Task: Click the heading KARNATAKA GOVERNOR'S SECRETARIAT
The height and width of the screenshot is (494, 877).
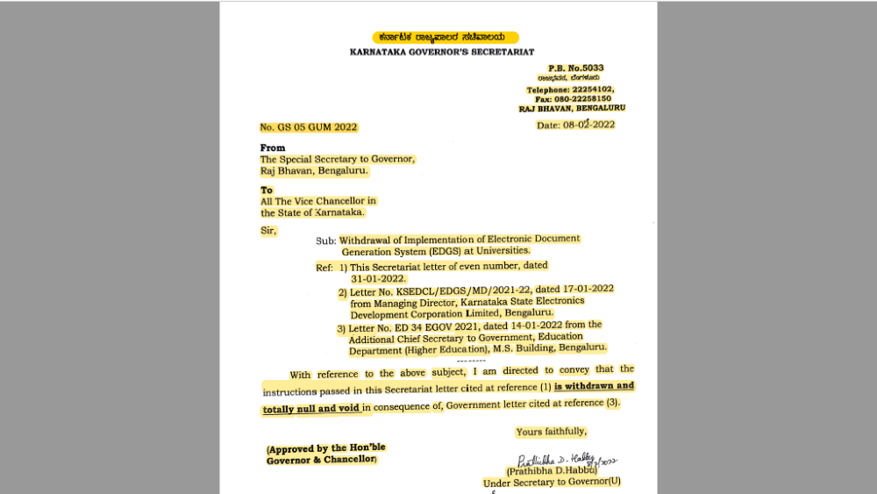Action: (x=441, y=53)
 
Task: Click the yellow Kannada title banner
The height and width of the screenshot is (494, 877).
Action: (x=445, y=38)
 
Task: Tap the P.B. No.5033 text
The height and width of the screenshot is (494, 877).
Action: (x=576, y=68)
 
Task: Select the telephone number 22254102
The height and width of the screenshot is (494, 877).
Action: (x=593, y=89)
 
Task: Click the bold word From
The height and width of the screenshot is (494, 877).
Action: (x=273, y=148)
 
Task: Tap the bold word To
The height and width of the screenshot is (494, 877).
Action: (x=267, y=190)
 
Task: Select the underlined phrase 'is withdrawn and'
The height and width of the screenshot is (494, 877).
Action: (x=594, y=386)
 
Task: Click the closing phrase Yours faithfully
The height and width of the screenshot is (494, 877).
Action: (x=551, y=432)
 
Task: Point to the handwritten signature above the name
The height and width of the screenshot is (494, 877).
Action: (x=567, y=460)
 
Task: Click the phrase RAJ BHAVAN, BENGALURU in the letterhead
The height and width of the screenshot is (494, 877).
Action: (x=571, y=108)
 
